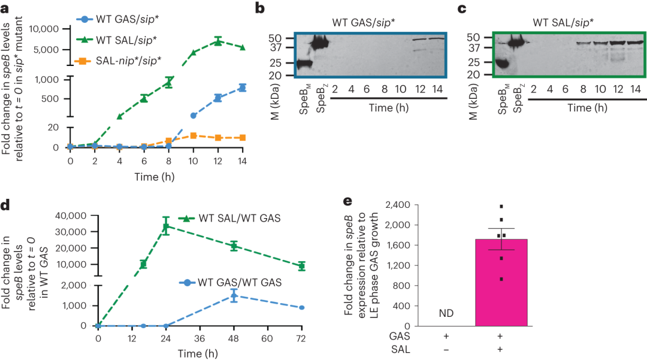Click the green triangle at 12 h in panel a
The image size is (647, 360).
pyautogui.click(x=218, y=41)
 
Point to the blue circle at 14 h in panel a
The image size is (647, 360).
pyautogui.click(x=242, y=87)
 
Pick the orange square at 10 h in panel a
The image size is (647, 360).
pyautogui.click(x=193, y=136)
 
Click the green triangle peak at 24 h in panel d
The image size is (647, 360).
pyautogui.click(x=166, y=226)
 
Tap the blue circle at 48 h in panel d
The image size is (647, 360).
pyautogui.click(x=234, y=295)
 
